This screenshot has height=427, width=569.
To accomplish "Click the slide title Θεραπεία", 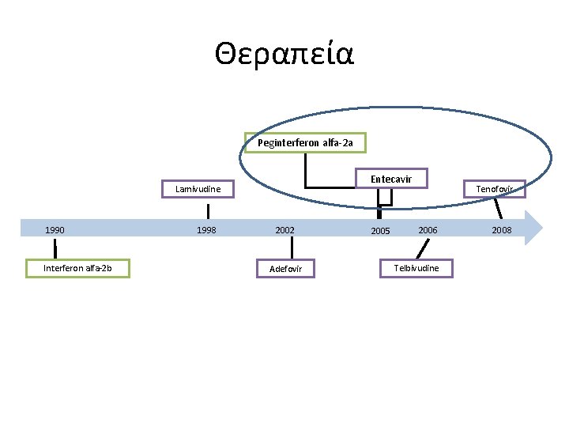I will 284,55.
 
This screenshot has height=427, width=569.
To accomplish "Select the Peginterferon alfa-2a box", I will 305,142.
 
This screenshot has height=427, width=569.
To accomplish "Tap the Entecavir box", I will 390,179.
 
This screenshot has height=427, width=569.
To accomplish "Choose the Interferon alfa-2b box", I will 77,268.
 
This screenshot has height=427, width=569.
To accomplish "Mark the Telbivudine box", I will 416,268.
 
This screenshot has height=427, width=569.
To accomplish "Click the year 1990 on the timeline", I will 55,230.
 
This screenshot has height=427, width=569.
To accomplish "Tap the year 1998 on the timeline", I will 206,230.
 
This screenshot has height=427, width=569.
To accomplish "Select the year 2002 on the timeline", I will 284,230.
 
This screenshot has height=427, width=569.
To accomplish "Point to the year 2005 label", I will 380,231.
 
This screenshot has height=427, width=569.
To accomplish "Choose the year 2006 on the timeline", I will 428,229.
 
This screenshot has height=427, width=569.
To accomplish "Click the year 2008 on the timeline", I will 502,230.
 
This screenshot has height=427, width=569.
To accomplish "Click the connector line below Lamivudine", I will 209,210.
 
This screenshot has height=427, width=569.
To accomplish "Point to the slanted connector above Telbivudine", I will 423,249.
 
